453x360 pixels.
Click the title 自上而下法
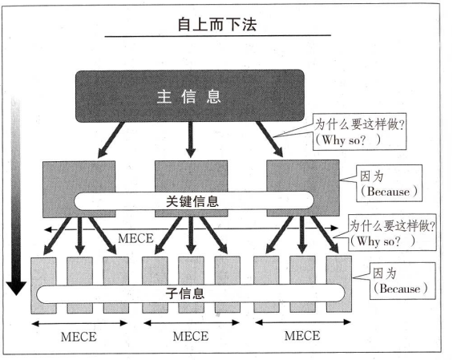tap(217, 24)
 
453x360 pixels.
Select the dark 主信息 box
tap(190, 96)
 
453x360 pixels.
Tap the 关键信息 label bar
tap(193, 200)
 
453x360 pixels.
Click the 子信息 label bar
tap(191, 293)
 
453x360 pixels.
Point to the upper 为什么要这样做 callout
tap(359, 131)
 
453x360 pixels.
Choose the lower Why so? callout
tap(392, 233)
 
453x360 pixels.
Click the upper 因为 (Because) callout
tap(389, 183)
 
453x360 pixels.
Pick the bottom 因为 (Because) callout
tap(402, 281)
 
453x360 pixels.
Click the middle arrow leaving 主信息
tap(190, 140)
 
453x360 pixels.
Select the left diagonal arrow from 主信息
tap(111, 140)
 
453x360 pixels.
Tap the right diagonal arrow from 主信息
tap(269, 140)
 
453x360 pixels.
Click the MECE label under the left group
tap(79, 337)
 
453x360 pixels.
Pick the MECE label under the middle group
tap(191, 336)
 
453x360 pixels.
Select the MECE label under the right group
tap(302, 335)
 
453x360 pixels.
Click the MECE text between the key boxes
tap(135, 238)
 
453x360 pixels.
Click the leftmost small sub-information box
tap(43, 285)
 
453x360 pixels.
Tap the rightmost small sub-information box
tap(339, 284)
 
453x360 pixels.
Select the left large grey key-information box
tap(79, 189)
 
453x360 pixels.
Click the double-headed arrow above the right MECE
tap(303, 322)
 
